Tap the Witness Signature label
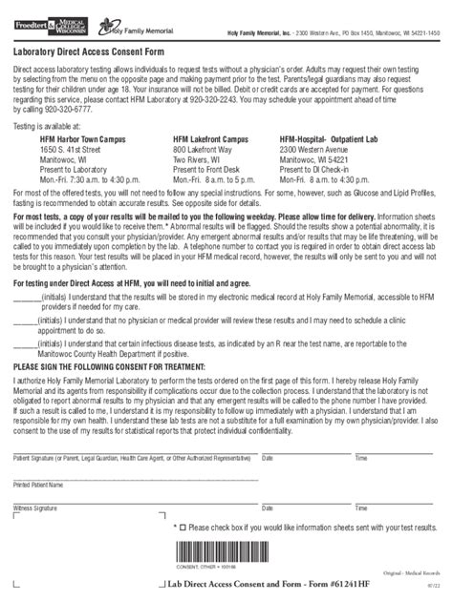click(x=34, y=509)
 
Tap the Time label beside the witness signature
click(x=360, y=509)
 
